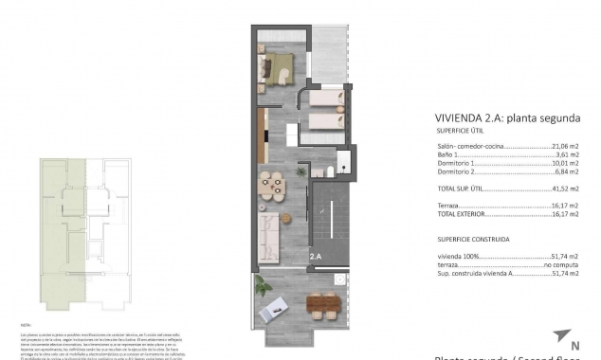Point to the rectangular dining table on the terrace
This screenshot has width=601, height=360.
[x=321, y=306]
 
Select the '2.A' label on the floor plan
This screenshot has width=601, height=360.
[x=315, y=255]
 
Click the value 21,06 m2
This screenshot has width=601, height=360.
[x=566, y=147]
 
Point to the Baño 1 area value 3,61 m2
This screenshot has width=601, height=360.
[x=568, y=154]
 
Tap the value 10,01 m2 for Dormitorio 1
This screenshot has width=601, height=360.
[x=566, y=163]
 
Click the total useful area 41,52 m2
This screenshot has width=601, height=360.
[x=566, y=190]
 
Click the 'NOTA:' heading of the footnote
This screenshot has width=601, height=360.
[x=26, y=324]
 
